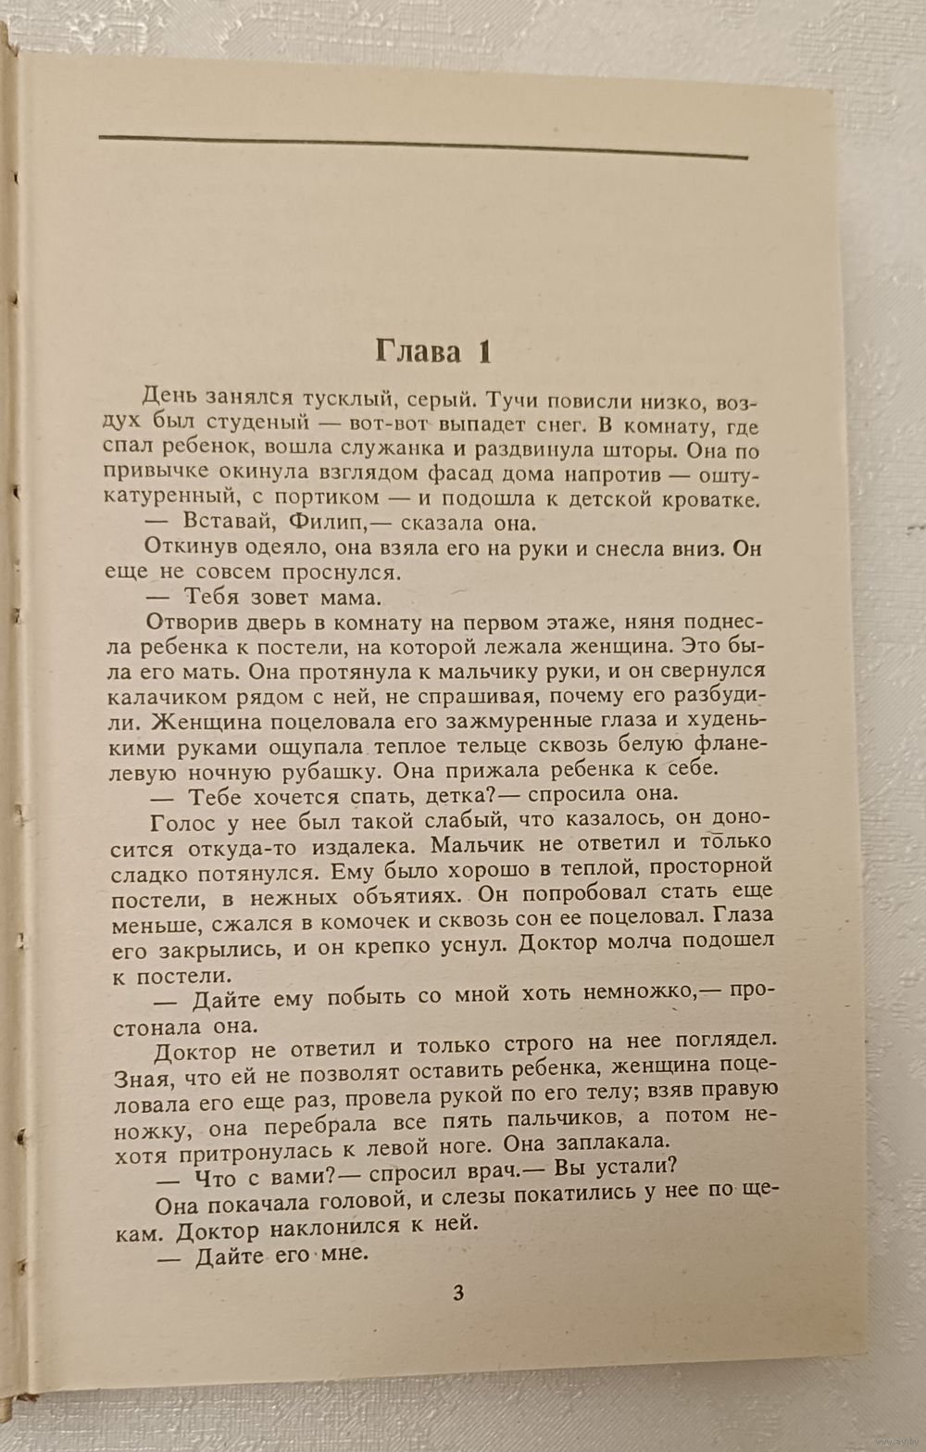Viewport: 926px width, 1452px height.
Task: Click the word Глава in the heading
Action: pos(418,352)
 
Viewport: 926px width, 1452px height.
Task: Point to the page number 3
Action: pos(458,1294)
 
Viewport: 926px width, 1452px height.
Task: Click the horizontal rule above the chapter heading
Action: pos(422,147)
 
